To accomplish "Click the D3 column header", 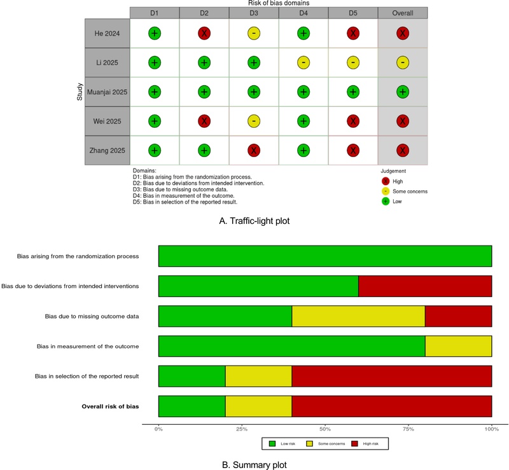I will tap(254, 13).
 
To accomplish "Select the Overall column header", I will tap(403, 13).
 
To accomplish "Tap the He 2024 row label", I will tap(108, 33).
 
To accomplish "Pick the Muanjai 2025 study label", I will tap(108, 92).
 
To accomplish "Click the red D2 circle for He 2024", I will tap(204, 33).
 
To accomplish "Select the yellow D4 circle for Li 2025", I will tap(303, 63).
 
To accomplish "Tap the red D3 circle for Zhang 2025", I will tap(254, 151).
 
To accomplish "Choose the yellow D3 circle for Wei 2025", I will tap(254, 121).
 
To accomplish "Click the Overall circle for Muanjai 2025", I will tap(403, 92).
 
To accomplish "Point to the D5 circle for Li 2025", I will tap(353, 63).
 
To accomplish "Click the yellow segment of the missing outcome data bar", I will tap(358, 315).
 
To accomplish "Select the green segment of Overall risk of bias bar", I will tap(192, 405).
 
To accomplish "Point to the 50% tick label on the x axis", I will tap(325, 429).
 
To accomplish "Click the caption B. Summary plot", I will tap(254, 464).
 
